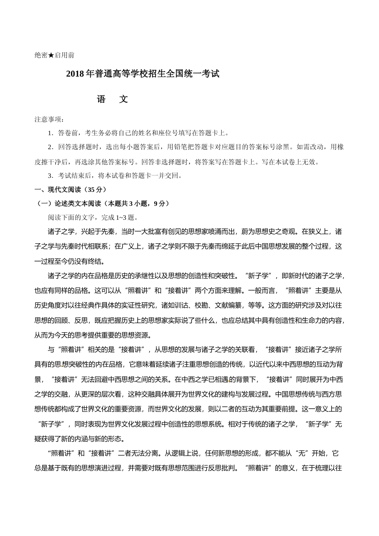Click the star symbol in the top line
tap(51, 55)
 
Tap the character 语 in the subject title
tap(101, 100)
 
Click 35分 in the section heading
tap(95, 190)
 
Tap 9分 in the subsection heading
tap(159, 204)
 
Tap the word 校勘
tap(201, 305)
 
